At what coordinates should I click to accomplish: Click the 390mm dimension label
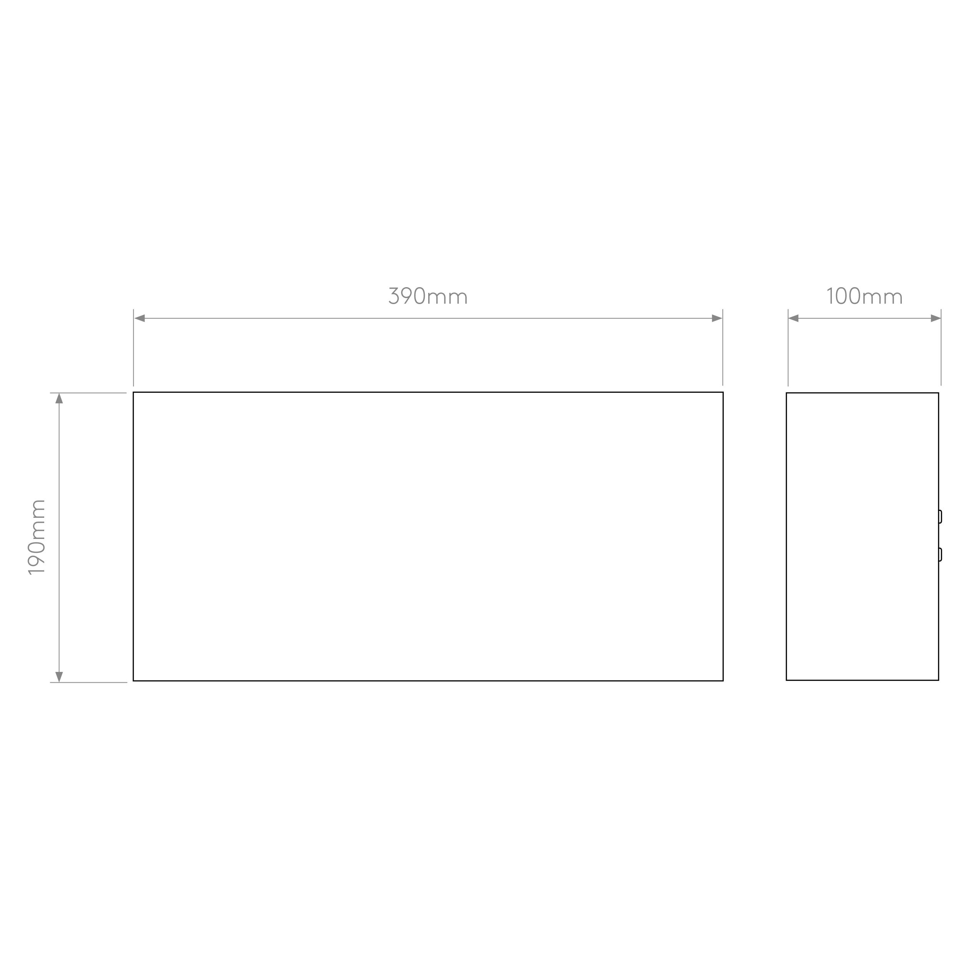coord(428,296)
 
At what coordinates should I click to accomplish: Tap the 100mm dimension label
coord(865,296)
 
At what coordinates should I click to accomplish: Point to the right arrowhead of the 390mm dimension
coord(717,318)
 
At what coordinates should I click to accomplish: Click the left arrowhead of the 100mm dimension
coord(793,318)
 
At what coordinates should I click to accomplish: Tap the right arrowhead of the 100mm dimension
coord(936,318)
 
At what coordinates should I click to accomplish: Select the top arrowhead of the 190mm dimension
coord(59,398)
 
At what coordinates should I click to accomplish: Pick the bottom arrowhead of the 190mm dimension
coord(59,677)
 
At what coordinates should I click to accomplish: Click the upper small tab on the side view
coord(940,517)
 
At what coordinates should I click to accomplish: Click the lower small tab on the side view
coord(940,555)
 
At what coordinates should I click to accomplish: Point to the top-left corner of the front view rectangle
coord(133,392)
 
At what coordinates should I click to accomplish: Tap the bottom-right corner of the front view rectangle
coord(723,681)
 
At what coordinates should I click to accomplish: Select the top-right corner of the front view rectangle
coord(723,392)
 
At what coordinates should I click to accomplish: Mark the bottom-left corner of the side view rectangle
coord(786,680)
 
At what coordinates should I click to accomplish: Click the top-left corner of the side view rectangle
coord(786,393)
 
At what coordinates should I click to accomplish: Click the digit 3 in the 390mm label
coord(394,296)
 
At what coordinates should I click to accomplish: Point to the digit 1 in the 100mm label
coord(830,296)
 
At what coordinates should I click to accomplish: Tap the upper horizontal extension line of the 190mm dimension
coord(88,393)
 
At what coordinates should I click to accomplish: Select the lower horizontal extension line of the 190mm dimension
coord(88,682)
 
